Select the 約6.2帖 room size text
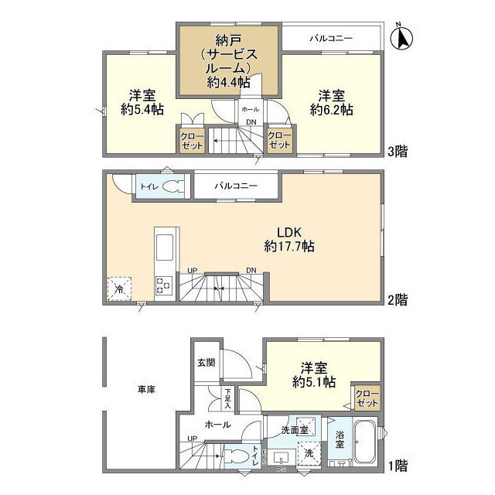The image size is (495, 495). click(332, 111)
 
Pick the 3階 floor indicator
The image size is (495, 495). click(397, 151)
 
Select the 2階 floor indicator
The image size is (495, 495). click(397, 299)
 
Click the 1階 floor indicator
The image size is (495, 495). click(397, 466)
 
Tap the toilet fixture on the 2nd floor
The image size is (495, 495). click(174, 186)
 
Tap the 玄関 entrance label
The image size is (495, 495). click(206, 362)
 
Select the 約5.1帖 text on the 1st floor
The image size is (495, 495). click(314, 382)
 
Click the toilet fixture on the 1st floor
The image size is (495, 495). click(241, 455)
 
